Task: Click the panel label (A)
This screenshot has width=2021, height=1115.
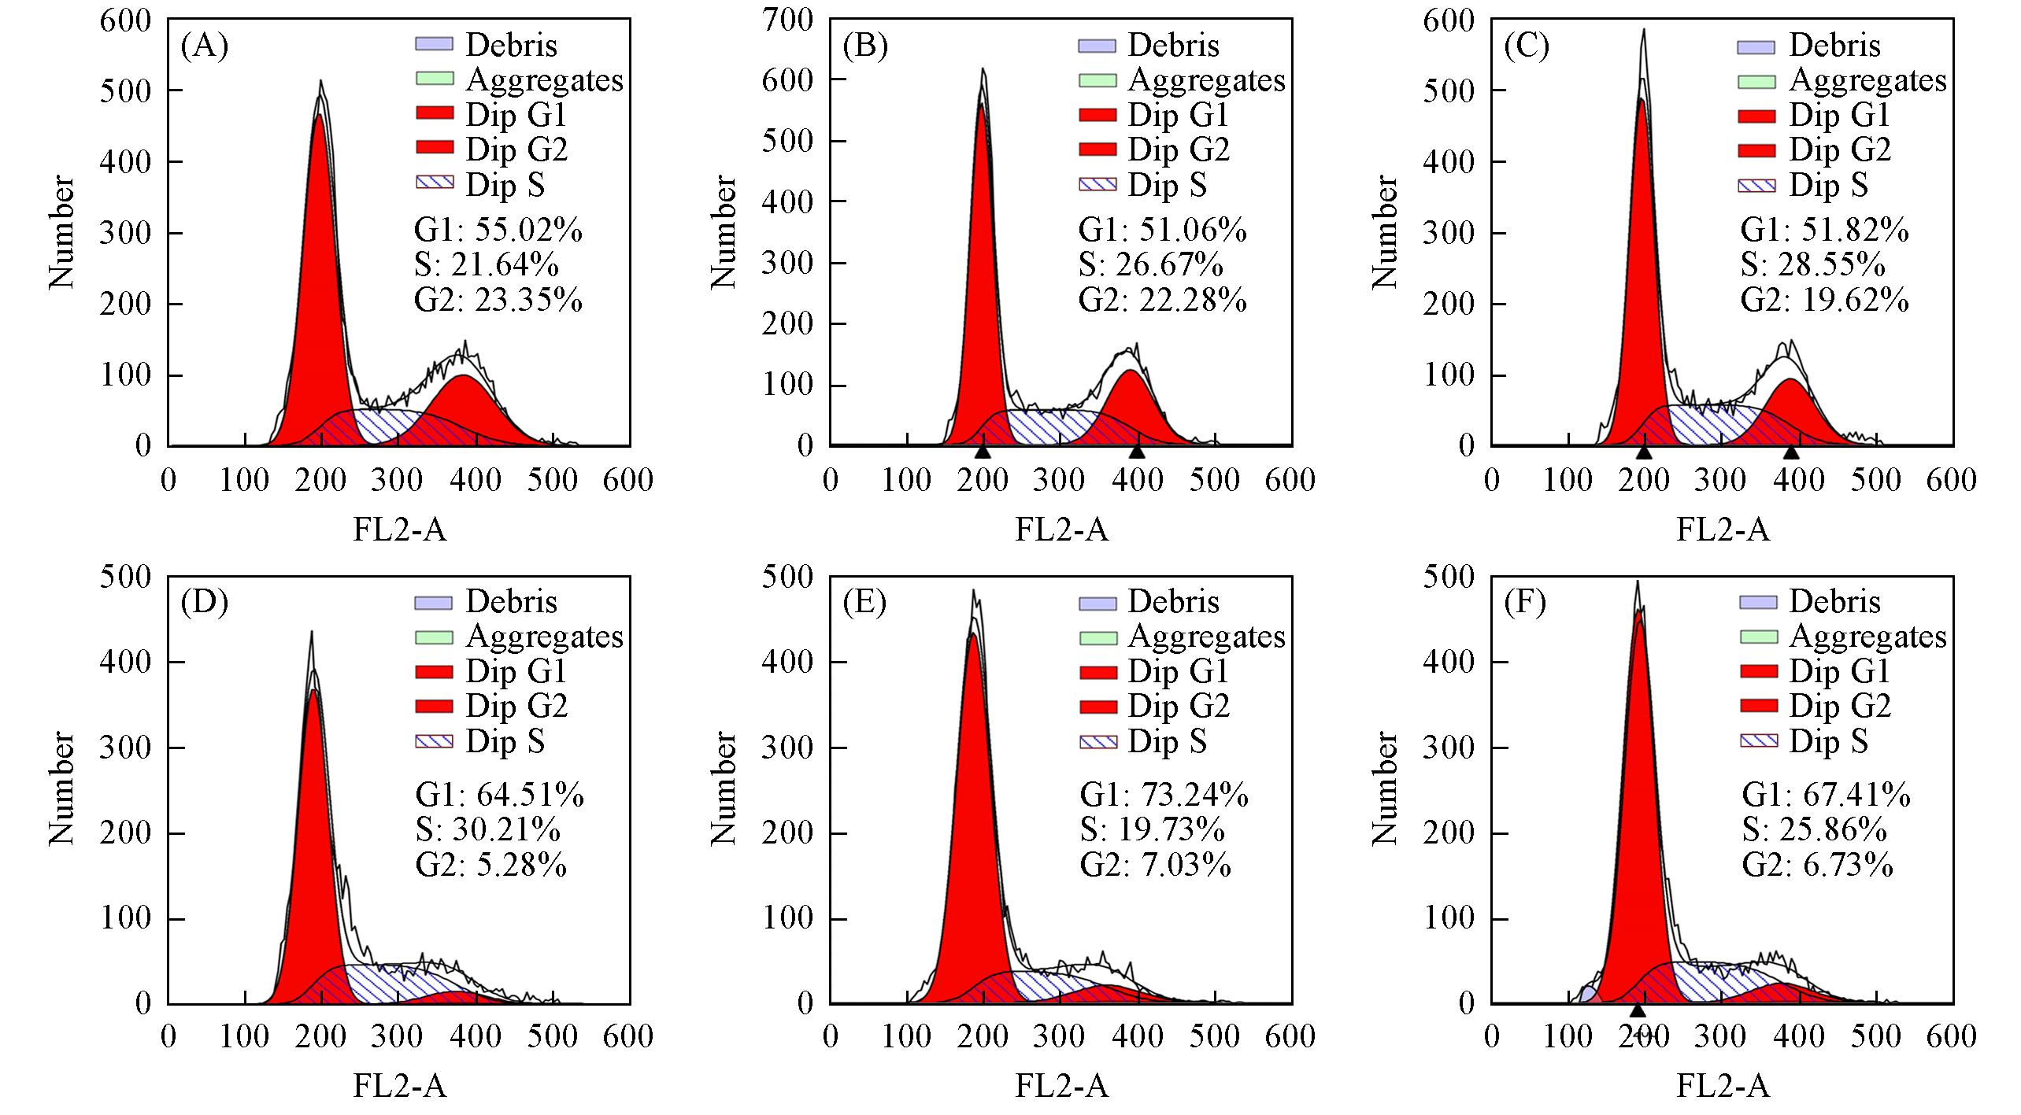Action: click(x=204, y=46)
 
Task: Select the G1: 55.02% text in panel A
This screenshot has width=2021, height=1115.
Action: click(x=498, y=231)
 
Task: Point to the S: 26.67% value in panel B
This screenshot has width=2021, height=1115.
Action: click(x=1150, y=266)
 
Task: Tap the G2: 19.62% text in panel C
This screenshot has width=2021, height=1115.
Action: click(x=1824, y=301)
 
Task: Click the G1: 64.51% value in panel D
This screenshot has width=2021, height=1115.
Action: click(x=499, y=796)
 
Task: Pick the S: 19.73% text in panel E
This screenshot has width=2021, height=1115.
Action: click(x=1151, y=830)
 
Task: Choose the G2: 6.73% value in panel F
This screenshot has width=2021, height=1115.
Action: click(x=1817, y=865)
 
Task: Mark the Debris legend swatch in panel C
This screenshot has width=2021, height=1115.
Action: click(x=1756, y=46)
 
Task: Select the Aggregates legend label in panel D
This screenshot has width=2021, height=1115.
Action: click(x=544, y=636)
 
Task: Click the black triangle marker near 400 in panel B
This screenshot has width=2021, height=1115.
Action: click(x=1136, y=452)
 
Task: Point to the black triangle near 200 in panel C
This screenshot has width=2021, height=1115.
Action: click(x=1643, y=452)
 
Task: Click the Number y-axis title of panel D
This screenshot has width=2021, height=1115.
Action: click(x=61, y=788)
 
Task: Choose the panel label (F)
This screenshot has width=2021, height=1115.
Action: click(x=1525, y=603)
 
